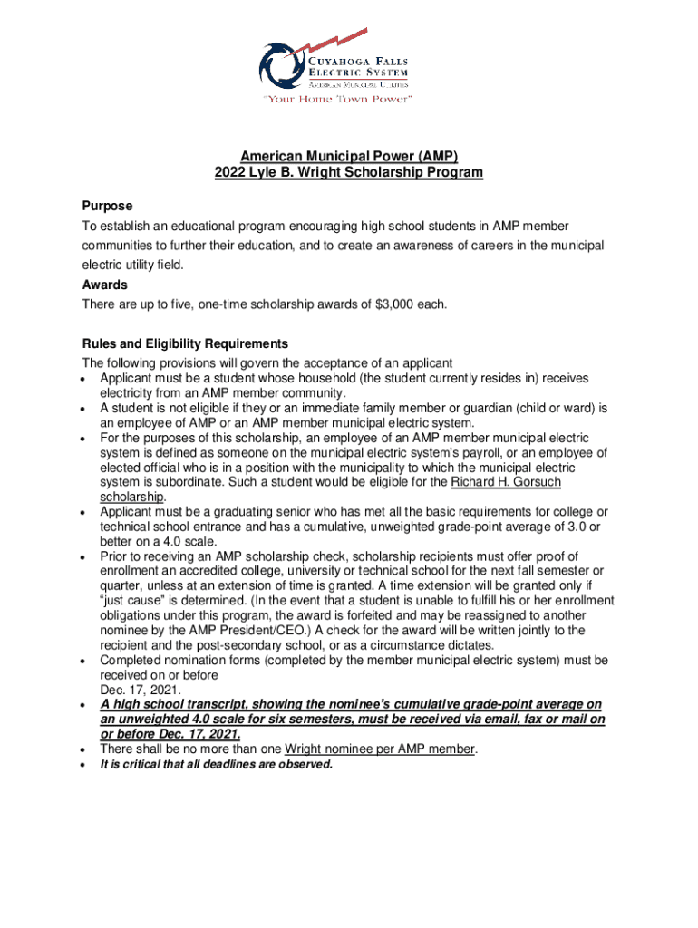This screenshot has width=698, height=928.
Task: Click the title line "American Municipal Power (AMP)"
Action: (x=349, y=156)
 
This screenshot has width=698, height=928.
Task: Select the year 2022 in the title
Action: (x=230, y=173)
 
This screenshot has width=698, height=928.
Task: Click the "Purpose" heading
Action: (x=107, y=207)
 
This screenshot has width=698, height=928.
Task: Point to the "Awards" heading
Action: (x=104, y=285)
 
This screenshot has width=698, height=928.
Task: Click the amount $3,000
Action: (x=393, y=304)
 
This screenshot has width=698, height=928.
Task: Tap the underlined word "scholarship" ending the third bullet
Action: (x=131, y=497)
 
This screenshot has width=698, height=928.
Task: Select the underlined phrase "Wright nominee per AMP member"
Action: (x=379, y=749)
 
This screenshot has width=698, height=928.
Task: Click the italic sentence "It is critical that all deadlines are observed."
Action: (x=217, y=764)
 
